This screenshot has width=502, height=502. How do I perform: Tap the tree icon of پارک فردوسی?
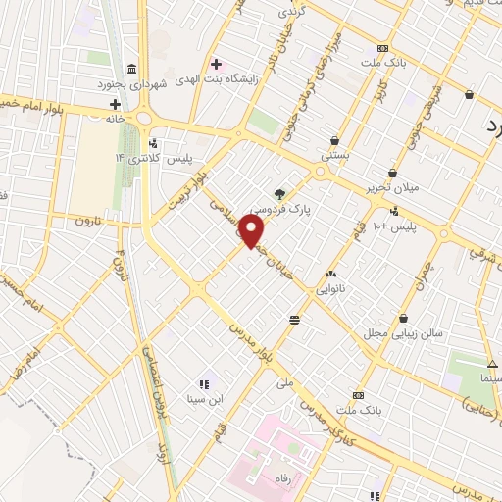tap(281, 194)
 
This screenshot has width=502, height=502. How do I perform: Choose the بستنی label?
tap(335, 156)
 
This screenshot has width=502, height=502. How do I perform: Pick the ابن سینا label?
tap(204, 399)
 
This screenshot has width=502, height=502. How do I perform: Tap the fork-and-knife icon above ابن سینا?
tap(204, 384)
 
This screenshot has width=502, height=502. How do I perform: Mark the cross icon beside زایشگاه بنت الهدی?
tap(216, 64)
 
